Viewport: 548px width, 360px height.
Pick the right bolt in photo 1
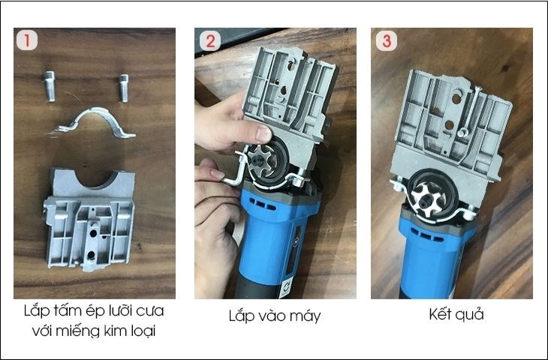pyautogui.click(x=122, y=87)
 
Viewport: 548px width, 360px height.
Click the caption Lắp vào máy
pyautogui.click(x=274, y=316)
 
